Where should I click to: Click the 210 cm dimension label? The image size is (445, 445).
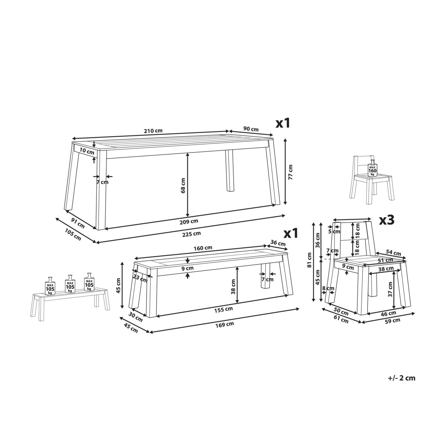(153, 131)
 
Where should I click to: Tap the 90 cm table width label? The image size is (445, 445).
(251, 129)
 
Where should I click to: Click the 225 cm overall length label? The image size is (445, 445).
(191, 234)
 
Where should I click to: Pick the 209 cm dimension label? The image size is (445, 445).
(189, 221)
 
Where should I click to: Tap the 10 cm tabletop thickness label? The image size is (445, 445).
(87, 151)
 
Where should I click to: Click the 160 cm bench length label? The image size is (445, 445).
(203, 248)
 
